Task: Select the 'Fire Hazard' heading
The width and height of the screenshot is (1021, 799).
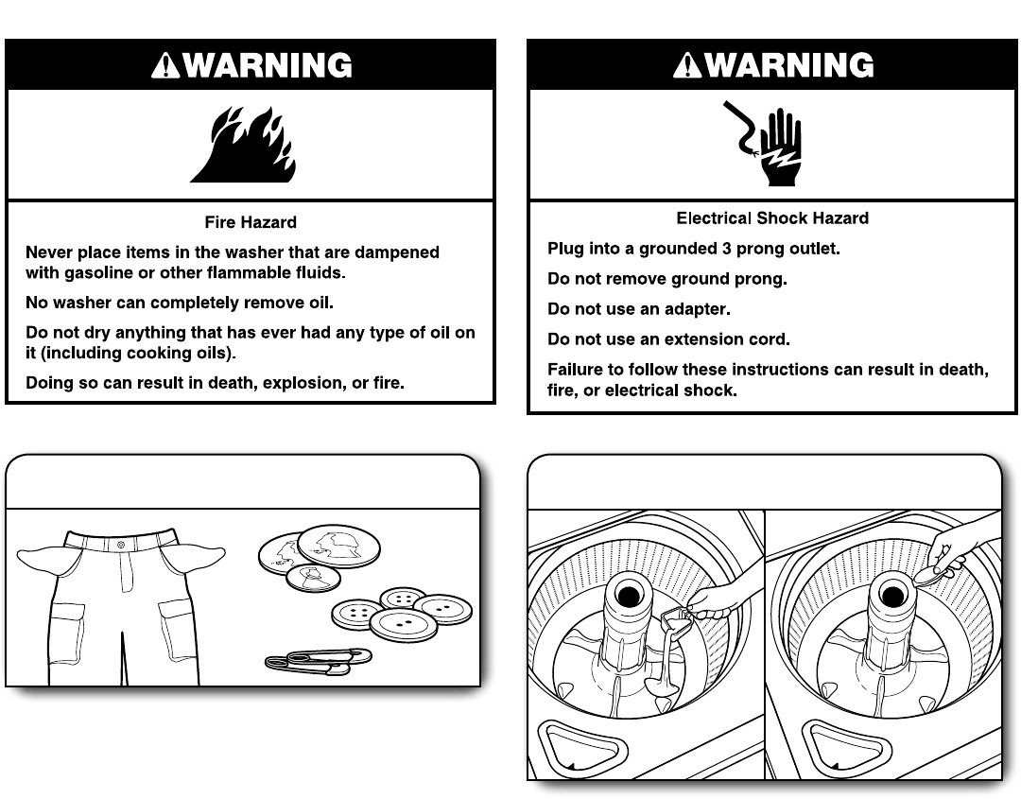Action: click(251, 223)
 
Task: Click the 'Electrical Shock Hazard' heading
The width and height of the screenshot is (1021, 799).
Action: click(772, 218)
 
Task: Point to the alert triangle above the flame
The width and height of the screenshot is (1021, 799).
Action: click(164, 65)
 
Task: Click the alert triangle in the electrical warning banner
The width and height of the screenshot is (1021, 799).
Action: click(687, 65)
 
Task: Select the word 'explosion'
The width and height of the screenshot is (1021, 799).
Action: click(296, 384)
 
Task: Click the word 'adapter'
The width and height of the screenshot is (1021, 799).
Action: click(698, 309)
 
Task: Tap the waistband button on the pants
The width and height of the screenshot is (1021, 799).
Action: click(120, 545)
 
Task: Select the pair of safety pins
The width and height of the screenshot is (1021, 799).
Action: click(319, 660)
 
